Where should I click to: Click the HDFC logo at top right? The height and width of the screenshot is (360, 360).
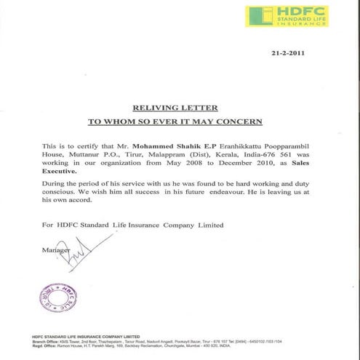coord(286,16)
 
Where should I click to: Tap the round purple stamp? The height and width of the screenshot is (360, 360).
coord(57,297)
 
